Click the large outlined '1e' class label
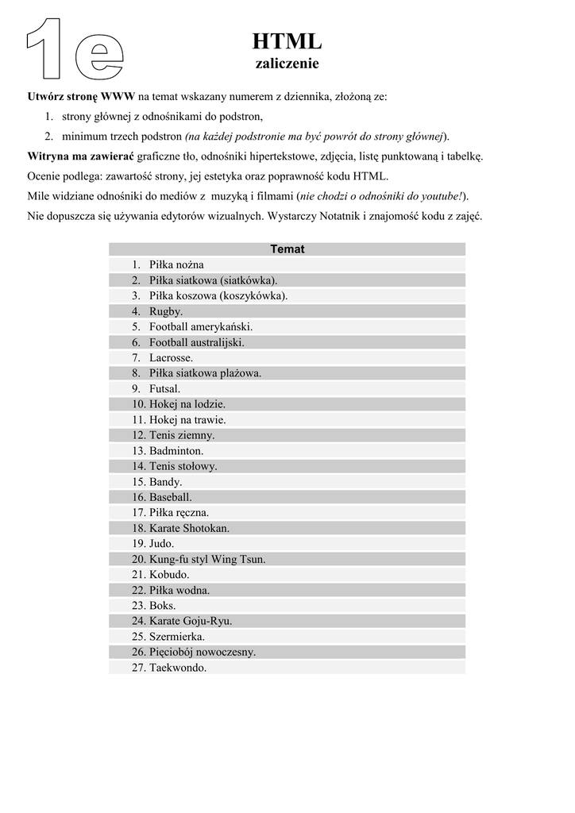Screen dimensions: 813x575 click(x=76, y=49)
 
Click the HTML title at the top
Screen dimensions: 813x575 click(x=287, y=41)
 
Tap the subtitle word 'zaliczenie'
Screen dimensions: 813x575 click(x=287, y=63)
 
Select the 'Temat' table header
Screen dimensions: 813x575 click(x=287, y=249)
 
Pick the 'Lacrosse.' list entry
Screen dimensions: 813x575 click(x=171, y=357)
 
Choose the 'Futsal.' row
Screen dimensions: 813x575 click(x=164, y=388)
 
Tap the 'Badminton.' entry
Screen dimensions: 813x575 click(x=176, y=450)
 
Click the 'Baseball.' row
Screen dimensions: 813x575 click(x=170, y=497)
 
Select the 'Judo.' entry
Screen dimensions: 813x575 click(x=162, y=544)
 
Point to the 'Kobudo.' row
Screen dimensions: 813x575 click(x=169, y=574)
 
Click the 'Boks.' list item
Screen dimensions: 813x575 click(x=162, y=605)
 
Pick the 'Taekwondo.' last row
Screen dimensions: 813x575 click(x=177, y=668)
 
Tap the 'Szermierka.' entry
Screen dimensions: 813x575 click(x=176, y=636)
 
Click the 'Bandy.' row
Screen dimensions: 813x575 click(x=165, y=481)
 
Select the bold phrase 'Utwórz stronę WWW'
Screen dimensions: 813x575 click(x=81, y=97)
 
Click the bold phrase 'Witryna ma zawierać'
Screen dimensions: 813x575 click(x=81, y=156)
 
